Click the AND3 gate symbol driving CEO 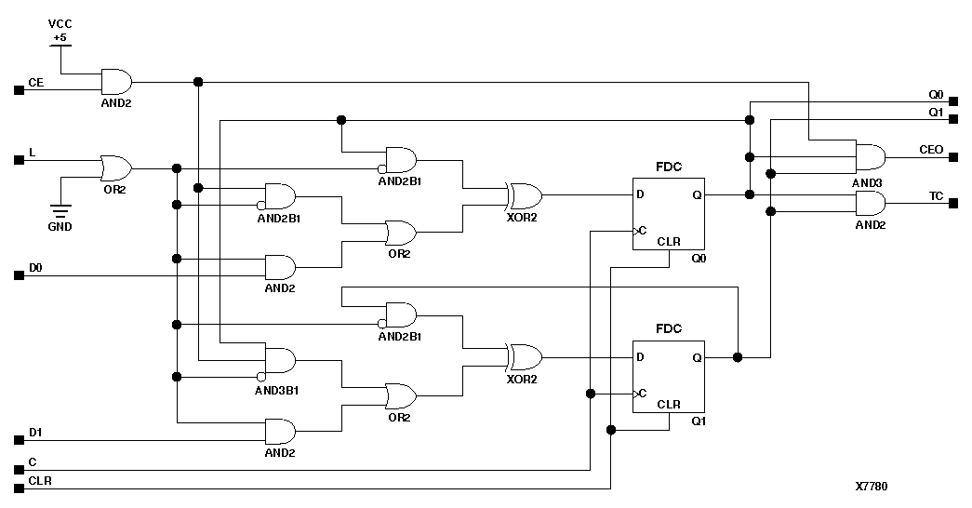[870, 157]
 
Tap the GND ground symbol [61, 213]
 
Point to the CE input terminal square [19, 90]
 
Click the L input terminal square [19, 160]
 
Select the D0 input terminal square [19, 275]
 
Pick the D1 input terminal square [19, 439]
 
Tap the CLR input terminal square [19, 488]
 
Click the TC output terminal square [952, 204]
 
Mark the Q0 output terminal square [952, 101]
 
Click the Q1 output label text [936, 112]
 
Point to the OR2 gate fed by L [115, 168]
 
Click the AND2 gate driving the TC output [870, 204]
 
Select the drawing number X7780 [872, 487]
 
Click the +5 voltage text [60, 37]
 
